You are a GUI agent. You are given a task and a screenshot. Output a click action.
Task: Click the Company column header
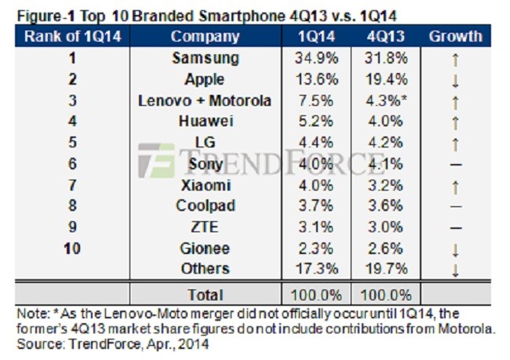205,36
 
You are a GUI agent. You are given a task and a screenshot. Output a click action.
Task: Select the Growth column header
455,36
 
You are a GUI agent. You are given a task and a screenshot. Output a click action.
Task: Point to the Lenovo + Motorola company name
205,100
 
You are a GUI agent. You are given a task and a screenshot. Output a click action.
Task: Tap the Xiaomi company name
205,185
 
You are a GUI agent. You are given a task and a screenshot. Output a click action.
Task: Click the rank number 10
72,249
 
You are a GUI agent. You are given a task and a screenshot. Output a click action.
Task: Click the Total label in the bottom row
205,295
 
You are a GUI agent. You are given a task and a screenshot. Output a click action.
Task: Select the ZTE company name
205,227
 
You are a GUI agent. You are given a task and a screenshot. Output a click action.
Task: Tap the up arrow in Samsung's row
455,60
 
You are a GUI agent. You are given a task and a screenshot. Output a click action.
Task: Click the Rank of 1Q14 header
72,36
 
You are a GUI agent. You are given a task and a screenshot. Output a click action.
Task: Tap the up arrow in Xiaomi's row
455,186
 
